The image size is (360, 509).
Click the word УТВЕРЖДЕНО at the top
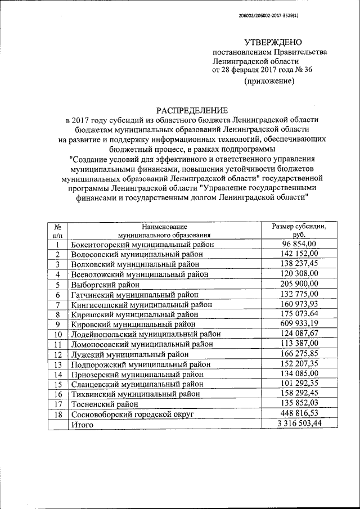pyautogui.click(x=273, y=42)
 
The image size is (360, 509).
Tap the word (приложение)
pyautogui.click(x=269, y=82)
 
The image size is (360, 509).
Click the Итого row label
pyautogui.click(x=82, y=425)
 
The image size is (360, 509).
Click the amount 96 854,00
pyautogui.click(x=299, y=244)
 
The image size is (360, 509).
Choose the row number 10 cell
pyautogui.click(x=57, y=334)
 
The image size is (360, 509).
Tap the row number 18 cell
pyautogui.click(x=57, y=415)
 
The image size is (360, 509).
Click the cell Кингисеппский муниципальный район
pyautogui.click(x=141, y=304)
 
